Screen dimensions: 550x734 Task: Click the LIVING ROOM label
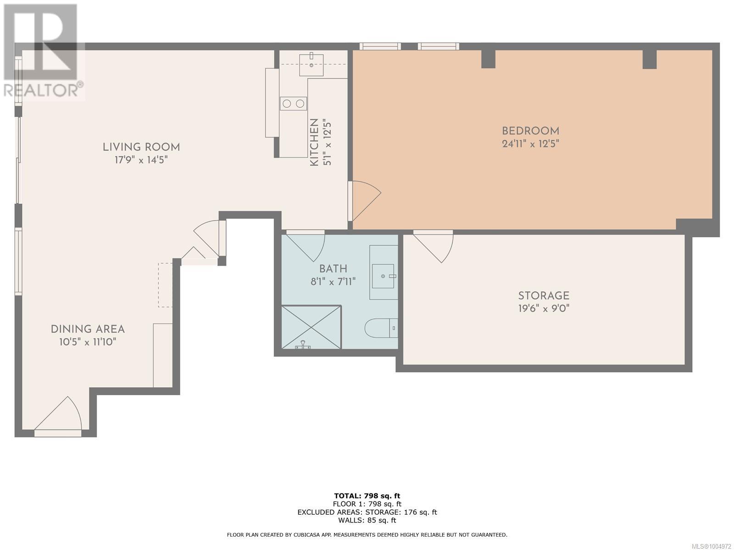tap(141, 147)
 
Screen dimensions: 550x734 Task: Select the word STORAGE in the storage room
tap(544, 296)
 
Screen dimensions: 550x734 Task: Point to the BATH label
tap(333, 269)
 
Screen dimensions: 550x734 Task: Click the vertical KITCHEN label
tap(314, 142)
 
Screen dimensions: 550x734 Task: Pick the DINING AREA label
tap(88, 329)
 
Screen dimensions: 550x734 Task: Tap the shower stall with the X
tap(311, 327)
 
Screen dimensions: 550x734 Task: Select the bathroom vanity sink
tap(383, 276)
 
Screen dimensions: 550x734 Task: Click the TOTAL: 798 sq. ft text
tap(367, 495)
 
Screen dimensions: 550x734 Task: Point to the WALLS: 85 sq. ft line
tap(367, 520)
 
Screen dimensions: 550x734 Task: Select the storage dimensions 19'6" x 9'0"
tap(544, 309)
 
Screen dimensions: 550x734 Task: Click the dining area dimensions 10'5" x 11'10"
tap(88, 342)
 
